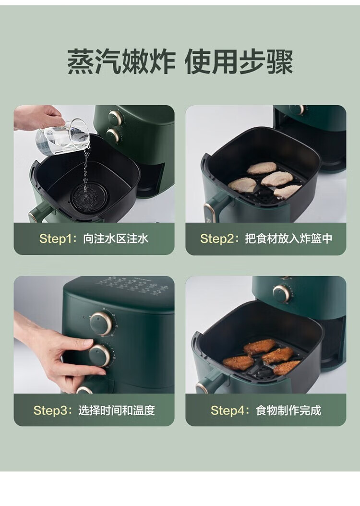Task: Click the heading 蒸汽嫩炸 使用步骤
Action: (180, 61)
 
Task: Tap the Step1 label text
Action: (94, 239)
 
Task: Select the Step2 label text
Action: (266, 239)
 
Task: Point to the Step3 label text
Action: (94, 410)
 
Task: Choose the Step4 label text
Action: (266, 410)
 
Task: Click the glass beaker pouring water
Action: (62, 137)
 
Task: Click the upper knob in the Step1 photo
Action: (115, 118)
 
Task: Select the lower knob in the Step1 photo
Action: (113, 135)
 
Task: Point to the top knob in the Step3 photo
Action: (101, 323)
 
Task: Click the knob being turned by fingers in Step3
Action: (99, 355)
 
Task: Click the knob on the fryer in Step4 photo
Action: (282, 294)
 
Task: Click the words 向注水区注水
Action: (116, 239)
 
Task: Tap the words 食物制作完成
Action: (288, 410)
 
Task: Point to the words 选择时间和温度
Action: (117, 410)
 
